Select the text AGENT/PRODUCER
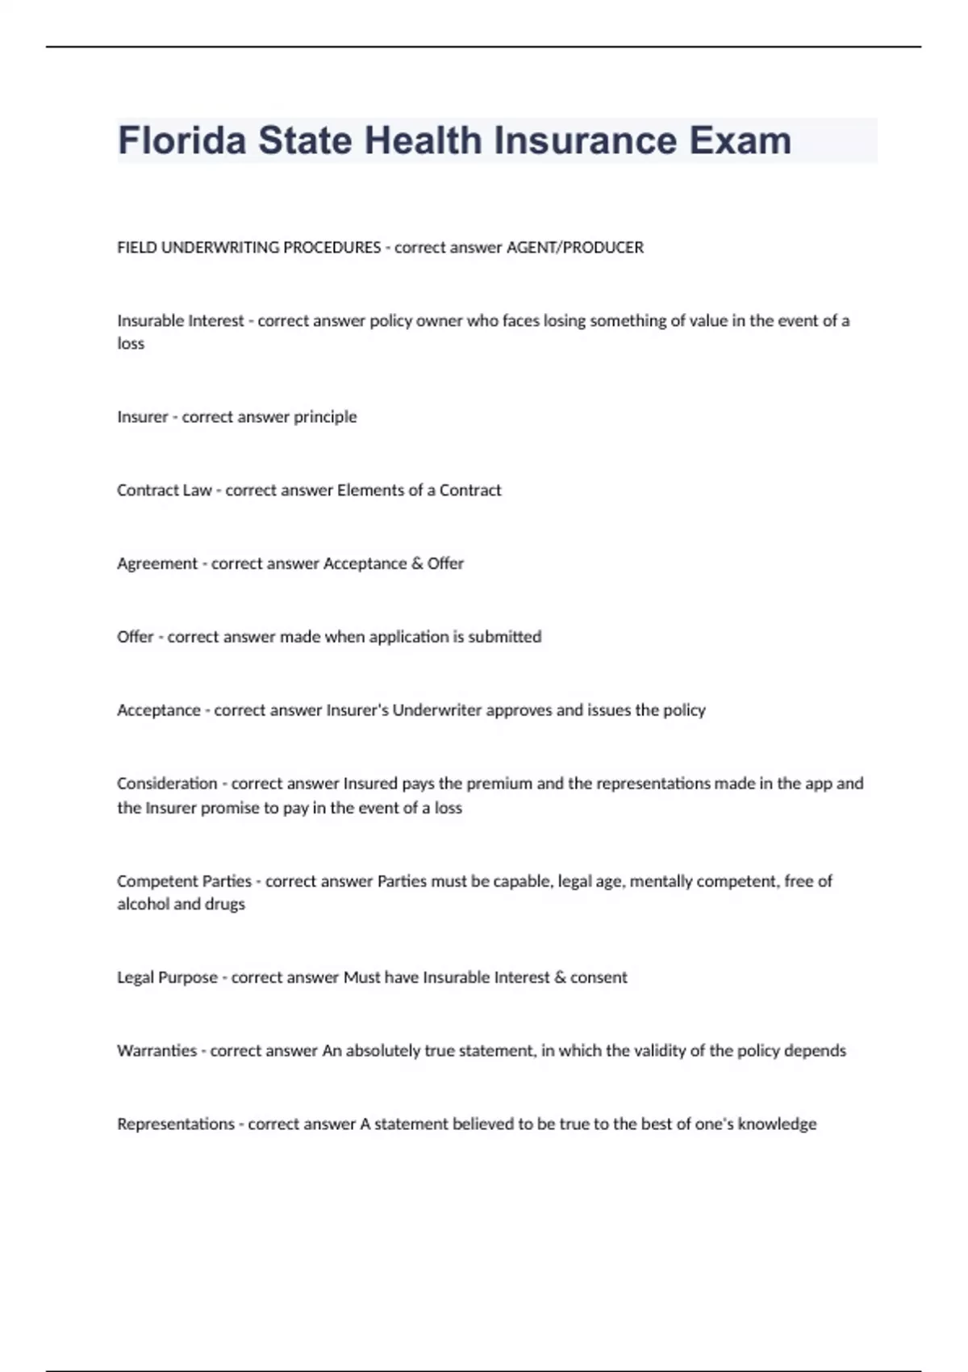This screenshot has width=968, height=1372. point(574,248)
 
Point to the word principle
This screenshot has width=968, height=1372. point(325,417)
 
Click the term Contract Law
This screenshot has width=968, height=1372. point(164,490)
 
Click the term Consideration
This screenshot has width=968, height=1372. point(167,784)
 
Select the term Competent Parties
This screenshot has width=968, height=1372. point(184,881)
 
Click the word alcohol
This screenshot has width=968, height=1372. point(143,904)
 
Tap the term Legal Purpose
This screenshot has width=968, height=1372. point(167,977)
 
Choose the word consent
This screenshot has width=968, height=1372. point(599,977)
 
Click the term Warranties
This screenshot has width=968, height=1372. point(156,1051)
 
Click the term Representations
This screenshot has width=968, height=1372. point(175,1124)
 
